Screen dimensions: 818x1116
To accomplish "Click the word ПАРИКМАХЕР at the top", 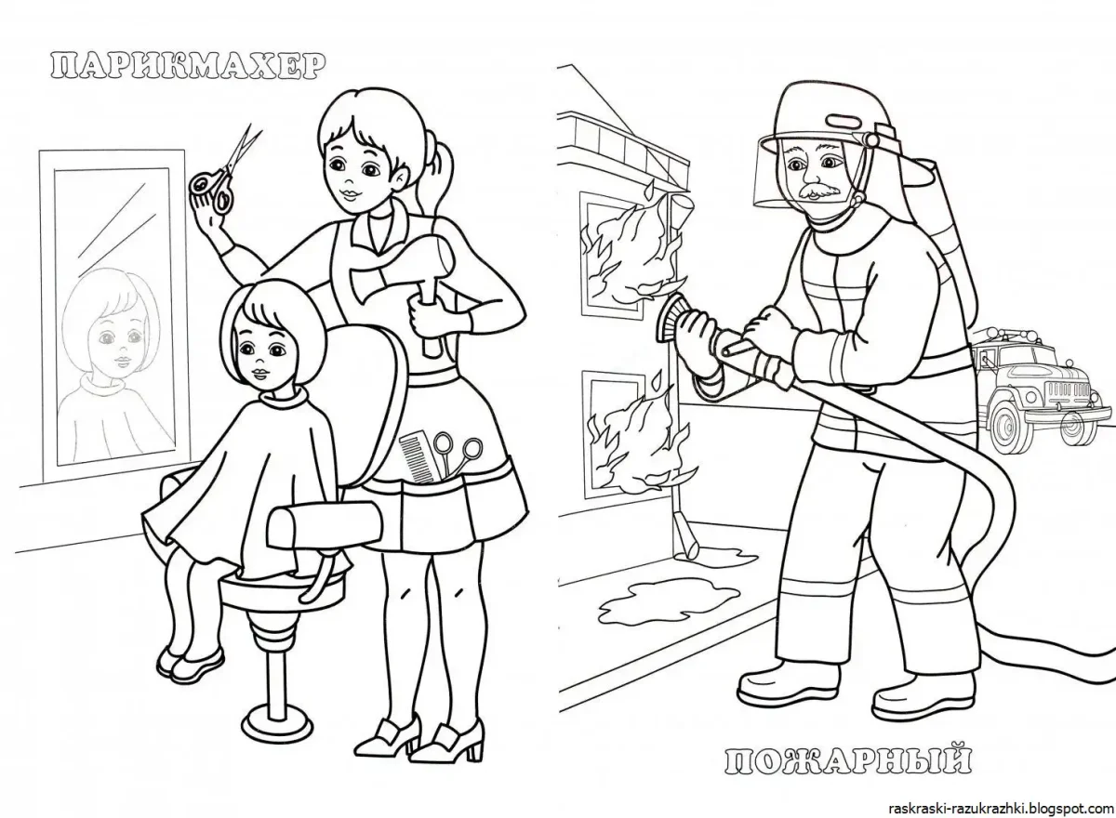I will coord(186,64).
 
